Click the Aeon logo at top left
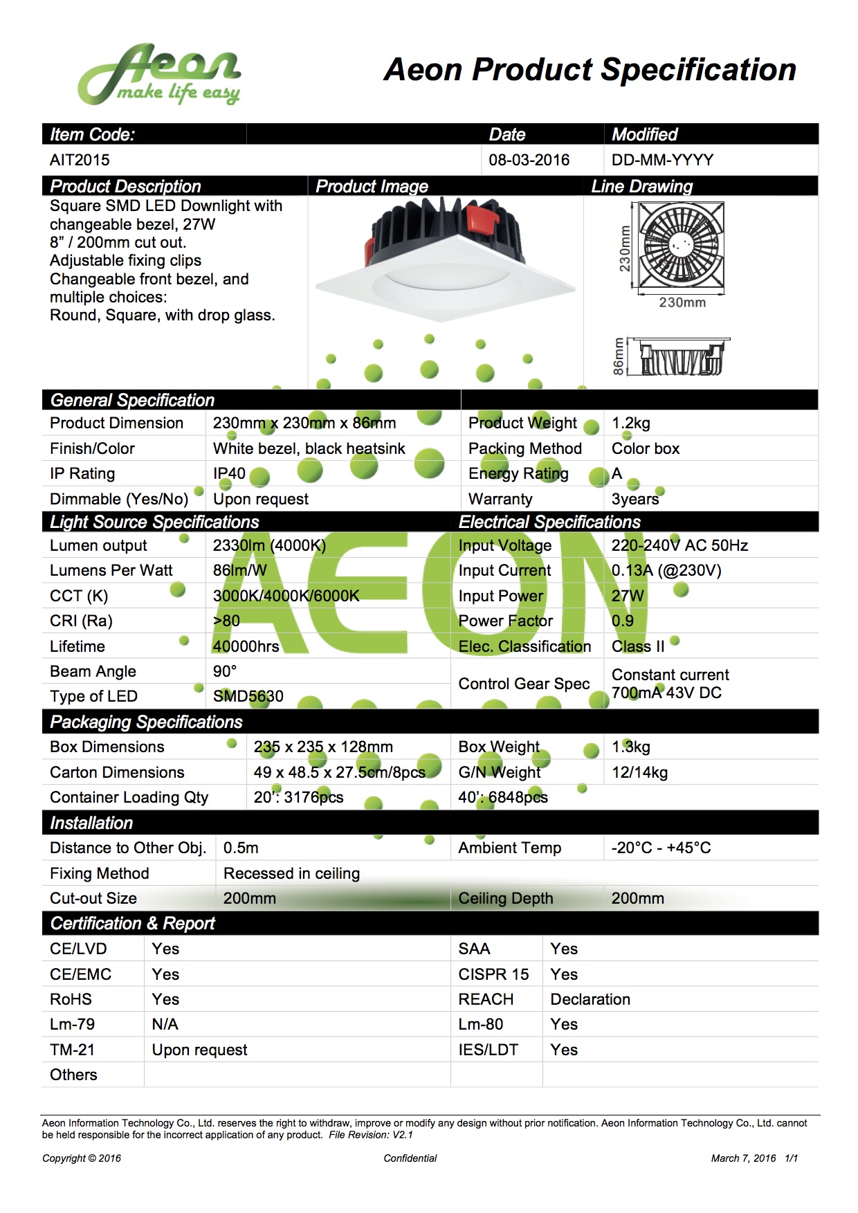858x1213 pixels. (x=159, y=75)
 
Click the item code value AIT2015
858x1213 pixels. (x=80, y=160)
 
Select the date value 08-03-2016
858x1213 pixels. (x=529, y=160)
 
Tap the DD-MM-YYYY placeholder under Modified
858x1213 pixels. (x=662, y=160)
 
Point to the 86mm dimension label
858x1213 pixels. (x=619, y=356)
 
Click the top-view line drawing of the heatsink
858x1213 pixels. (x=681, y=245)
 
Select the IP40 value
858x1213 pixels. (x=229, y=473)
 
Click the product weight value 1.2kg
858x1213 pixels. (x=630, y=423)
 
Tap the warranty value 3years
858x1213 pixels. (x=635, y=499)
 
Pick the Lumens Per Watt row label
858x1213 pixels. (x=111, y=570)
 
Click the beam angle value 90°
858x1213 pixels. (x=225, y=671)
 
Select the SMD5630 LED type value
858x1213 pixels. (x=248, y=696)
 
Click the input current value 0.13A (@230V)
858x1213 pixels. (x=666, y=570)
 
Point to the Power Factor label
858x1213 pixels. (x=506, y=621)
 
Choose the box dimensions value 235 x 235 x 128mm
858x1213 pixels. (x=323, y=747)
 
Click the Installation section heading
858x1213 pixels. (x=91, y=823)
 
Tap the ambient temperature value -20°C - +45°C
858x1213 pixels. (x=661, y=848)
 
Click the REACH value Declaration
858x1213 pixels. (x=590, y=999)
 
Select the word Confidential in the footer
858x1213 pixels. (x=410, y=1158)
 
